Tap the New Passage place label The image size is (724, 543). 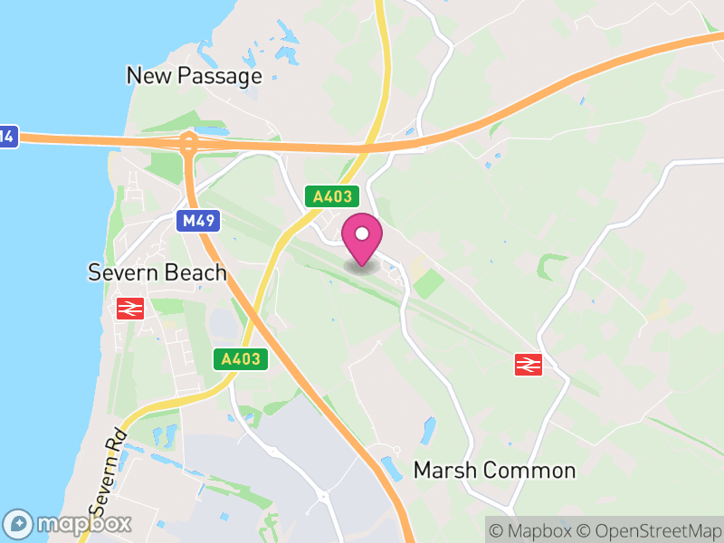[194, 75]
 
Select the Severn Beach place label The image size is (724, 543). [157, 272]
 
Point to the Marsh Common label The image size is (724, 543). [494, 471]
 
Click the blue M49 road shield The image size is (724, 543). [195, 221]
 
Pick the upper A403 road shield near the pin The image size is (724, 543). [332, 196]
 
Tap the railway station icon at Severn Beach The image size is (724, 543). [130, 308]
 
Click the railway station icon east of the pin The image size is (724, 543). [528, 364]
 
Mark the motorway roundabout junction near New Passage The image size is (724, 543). [188, 141]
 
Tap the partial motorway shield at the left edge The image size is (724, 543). [7, 138]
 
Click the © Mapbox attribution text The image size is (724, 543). [531, 529]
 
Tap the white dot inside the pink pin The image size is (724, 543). [362, 234]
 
